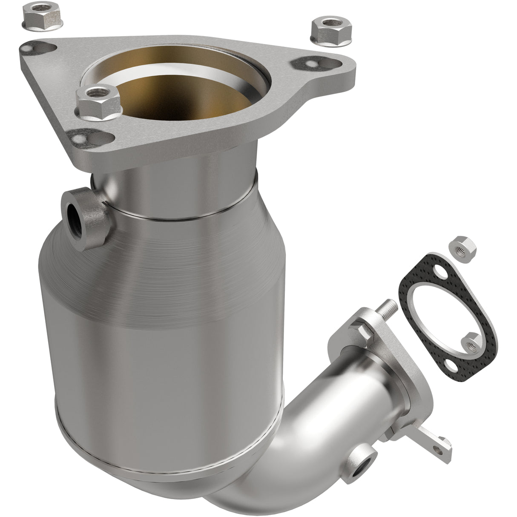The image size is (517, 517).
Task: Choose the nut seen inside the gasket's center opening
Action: click(472, 341)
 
